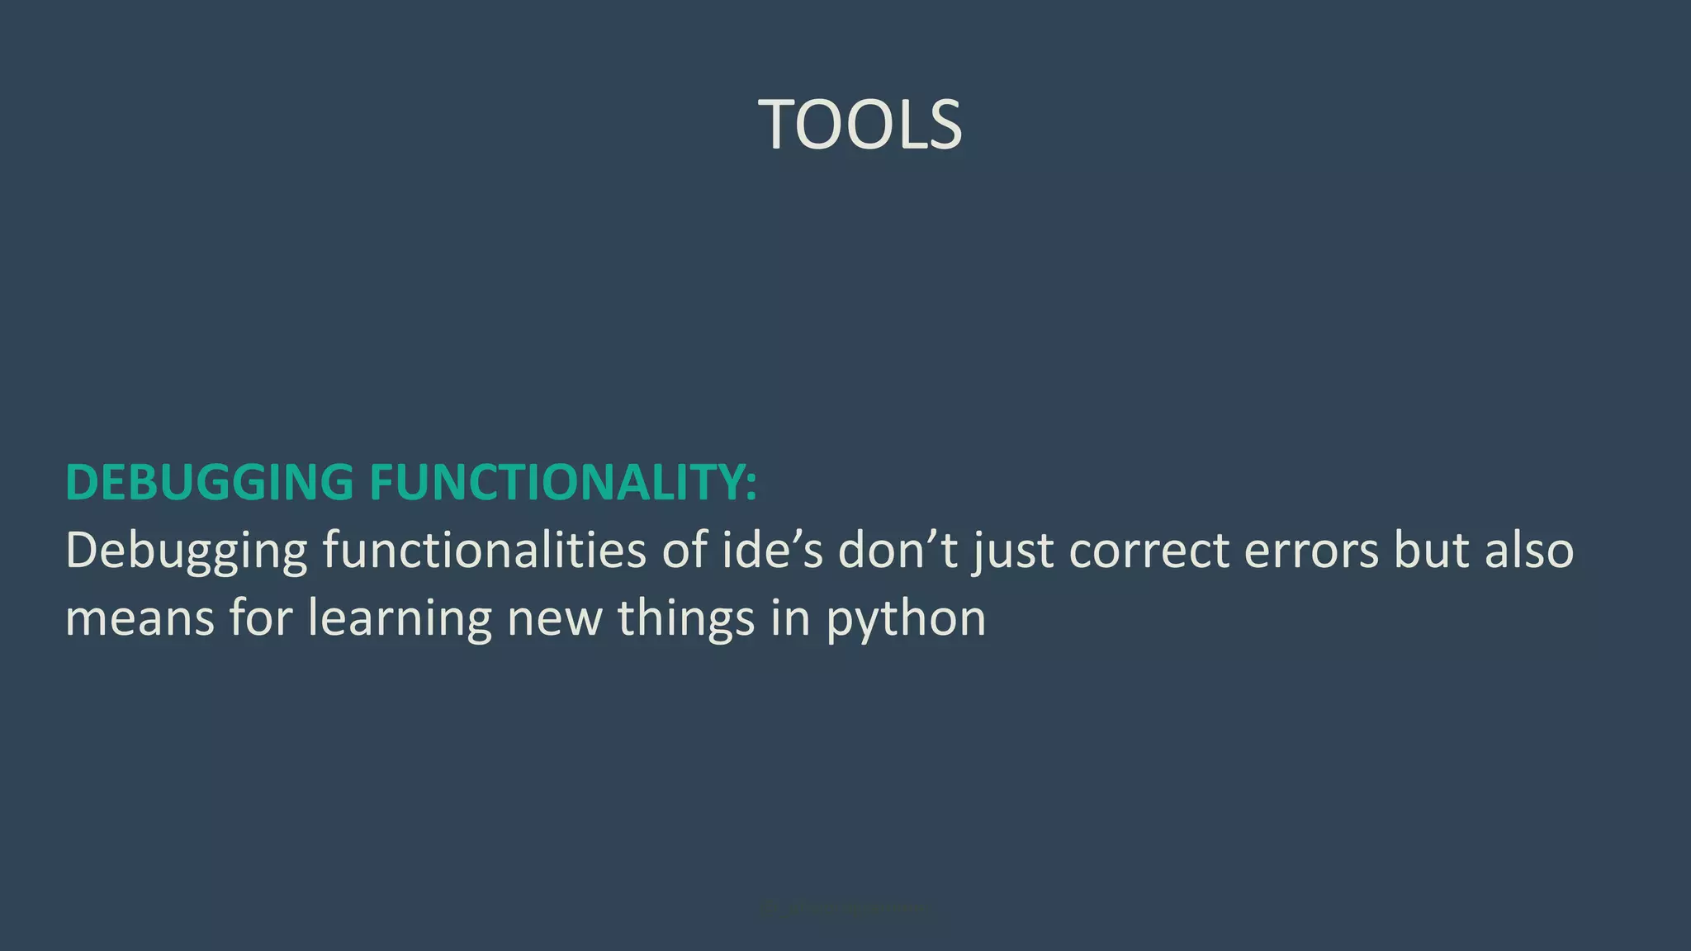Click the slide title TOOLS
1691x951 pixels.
click(x=860, y=125)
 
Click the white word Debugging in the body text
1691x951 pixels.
click(x=186, y=551)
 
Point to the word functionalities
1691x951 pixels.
click(x=484, y=550)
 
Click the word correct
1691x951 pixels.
click(x=1149, y=551)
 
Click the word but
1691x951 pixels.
click(x=1432, y=550)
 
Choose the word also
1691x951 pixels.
click(x=1529, y=550)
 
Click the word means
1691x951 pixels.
click(x=140, y=619)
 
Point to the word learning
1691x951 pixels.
click(x=400, y=619)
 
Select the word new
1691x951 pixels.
click(x=555, y=619)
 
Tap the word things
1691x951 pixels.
click(x=686, y=619)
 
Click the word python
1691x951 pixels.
click(x=907, y=619)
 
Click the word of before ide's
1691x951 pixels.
click(x=684, y=550)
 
